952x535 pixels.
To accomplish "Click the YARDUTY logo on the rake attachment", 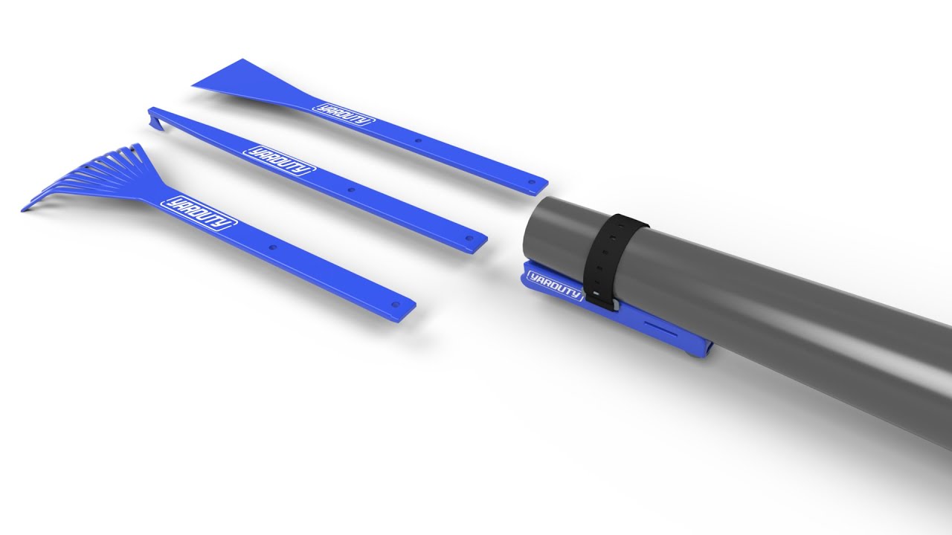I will coord(199,213).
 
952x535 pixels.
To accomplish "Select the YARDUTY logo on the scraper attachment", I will coord(341,113).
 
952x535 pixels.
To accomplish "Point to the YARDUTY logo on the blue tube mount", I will coord(553,286).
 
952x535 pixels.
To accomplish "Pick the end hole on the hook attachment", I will coord(469,239).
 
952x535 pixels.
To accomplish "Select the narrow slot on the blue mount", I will coord(662,328).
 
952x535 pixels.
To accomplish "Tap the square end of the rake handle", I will coord(408,308).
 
